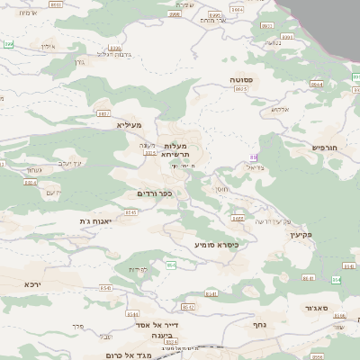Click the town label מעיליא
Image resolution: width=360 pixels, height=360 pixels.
point(130,124)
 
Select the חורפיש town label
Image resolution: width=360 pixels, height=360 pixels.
point(324,146)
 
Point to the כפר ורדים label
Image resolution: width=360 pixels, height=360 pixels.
point(155,193)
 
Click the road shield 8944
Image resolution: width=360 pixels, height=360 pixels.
point(316,85)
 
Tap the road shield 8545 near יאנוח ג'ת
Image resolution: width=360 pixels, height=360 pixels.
point(131,212)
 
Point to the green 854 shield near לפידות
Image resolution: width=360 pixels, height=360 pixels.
point(170,265)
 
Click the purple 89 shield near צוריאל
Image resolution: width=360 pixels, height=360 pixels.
point(256,157)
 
